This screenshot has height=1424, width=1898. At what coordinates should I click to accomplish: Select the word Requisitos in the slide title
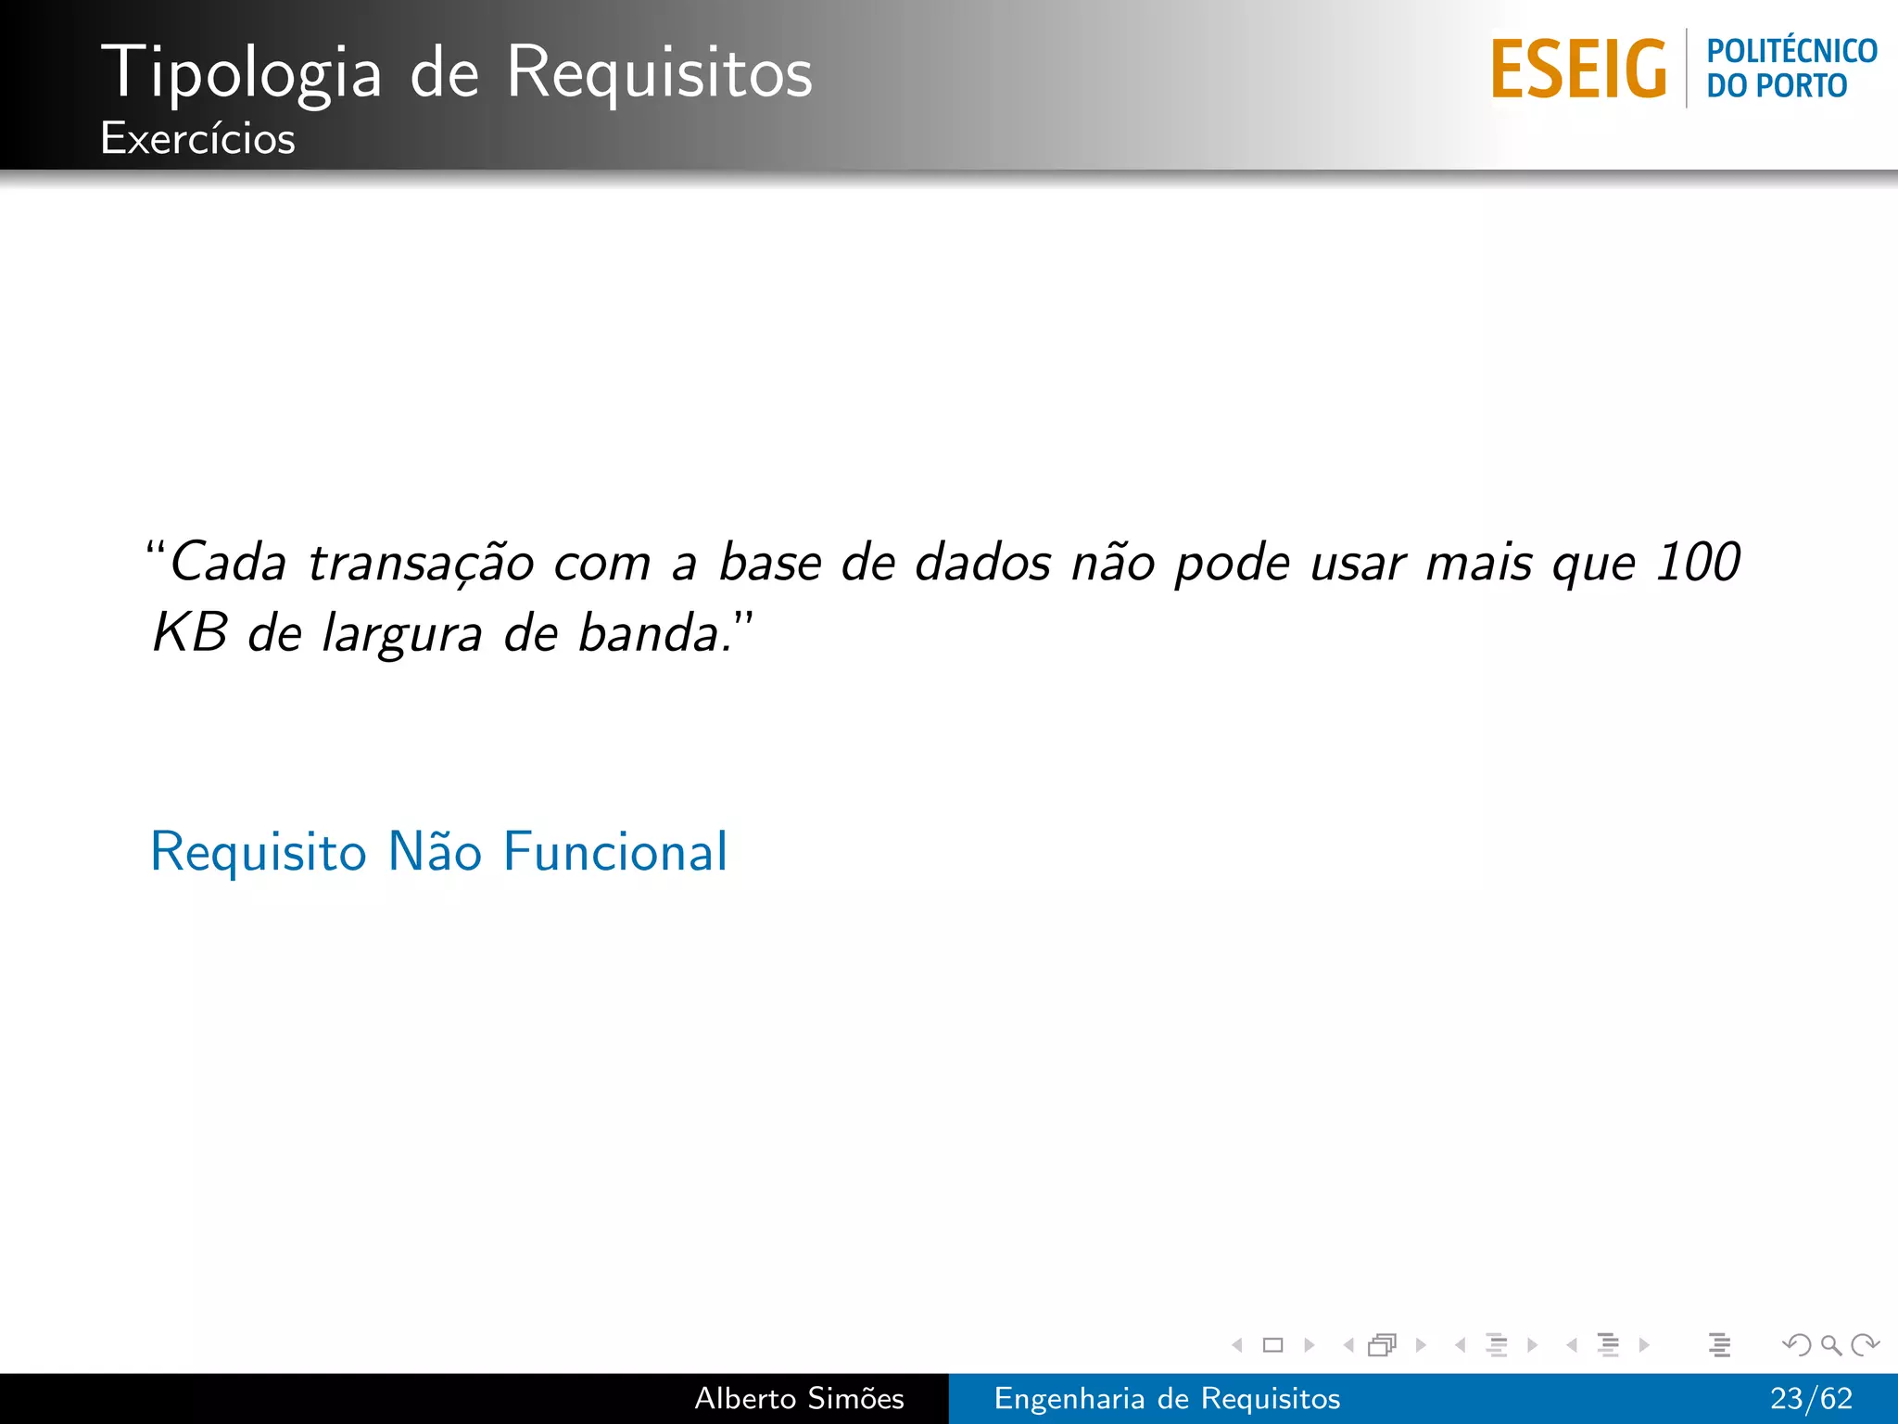click(659, 72)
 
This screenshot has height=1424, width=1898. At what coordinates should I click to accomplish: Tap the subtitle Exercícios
click(197, 139)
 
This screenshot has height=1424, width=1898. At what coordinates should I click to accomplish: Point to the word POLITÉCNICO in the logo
click(1791, 51)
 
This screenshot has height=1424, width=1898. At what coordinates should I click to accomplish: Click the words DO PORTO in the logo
click(1777, 86)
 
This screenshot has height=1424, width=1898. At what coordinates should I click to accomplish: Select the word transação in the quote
click(421, 563)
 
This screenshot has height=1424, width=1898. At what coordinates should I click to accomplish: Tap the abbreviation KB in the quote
click(190, 633)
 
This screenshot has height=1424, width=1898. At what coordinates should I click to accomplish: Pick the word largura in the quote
click(401, 636)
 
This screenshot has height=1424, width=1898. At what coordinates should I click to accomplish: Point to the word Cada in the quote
click(228, 562)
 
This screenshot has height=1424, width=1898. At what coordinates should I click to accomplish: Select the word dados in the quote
click(982, 562)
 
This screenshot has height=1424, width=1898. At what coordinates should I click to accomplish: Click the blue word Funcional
click(615, 851)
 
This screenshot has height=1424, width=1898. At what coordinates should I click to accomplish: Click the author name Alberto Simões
click(799, 1398)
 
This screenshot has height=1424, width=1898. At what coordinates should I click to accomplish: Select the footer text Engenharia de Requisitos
click(1167, 1398)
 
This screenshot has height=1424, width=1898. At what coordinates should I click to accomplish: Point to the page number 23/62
click(1811, 1398)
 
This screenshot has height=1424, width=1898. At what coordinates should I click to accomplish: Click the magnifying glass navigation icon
click(1830, 1344)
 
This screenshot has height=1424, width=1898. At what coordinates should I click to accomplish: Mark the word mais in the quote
click(1478, 562)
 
